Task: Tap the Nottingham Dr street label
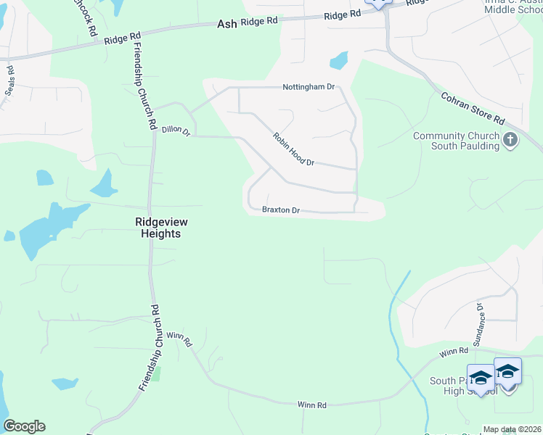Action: (309, 87)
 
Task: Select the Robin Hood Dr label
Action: (293, 149)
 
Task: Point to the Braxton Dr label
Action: (281, 210)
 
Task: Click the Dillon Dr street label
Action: (176, 131)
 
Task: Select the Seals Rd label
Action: (11, 79)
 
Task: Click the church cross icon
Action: (510, 139)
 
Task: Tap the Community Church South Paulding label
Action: (456, 141)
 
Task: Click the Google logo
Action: (24, 426)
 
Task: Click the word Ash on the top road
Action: (227, 24)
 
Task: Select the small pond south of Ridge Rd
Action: (339, 60)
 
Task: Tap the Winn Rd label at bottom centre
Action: (312, 405)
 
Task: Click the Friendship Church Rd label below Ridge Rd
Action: (143, 86)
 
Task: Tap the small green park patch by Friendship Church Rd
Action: (155, 374)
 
